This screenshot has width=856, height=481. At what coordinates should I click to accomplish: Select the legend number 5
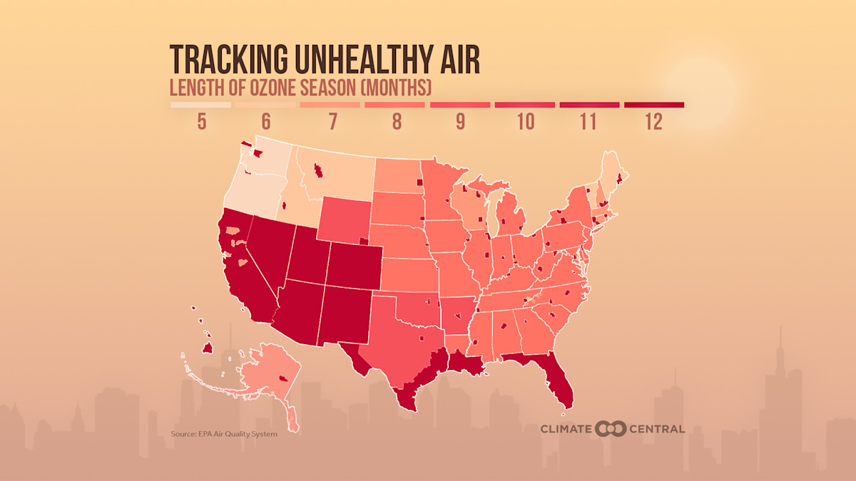click(x=201, y=122)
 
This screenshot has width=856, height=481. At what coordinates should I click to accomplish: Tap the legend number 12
click(x=653, y=122)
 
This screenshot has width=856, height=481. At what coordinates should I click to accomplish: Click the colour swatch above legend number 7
click(x=330, y=105)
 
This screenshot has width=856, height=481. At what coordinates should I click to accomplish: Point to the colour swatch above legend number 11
click(x=589, y=105)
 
